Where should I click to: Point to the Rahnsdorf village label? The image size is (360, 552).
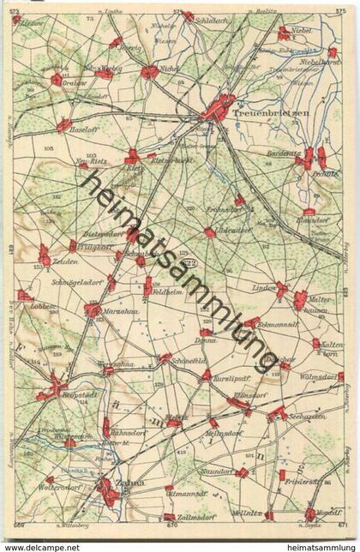[127, 434]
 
